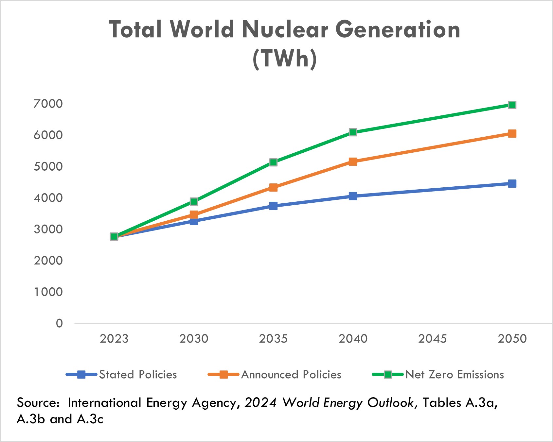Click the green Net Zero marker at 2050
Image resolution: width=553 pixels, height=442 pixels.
coord(512,105)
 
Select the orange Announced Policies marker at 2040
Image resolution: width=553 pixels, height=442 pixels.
coord(353,162)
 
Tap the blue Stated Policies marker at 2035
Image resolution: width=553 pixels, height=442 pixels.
coord(273,206)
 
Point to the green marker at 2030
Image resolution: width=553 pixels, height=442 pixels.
coord(194,201)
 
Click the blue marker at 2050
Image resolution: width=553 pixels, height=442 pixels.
coord(512,184)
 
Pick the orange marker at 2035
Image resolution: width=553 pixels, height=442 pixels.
coord(273,187)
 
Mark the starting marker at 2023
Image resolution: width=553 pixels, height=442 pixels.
coord(114,236)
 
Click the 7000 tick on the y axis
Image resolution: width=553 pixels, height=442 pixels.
coord(48,104)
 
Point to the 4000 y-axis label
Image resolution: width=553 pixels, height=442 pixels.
coord(48,198)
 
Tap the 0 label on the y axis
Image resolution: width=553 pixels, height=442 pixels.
coord(59,323)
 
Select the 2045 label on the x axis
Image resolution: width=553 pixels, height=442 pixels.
coord(432,339)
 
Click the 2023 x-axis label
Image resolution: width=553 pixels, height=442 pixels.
coord(114,339)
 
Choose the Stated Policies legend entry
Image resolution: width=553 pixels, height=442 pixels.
coord(138,375)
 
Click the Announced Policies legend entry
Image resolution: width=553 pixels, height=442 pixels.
coord(291,375)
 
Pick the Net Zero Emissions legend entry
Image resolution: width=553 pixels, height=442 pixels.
coord(454,375)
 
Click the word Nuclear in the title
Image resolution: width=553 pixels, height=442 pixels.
coord(284,29)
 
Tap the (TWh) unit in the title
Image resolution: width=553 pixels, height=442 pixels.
coord(284,59)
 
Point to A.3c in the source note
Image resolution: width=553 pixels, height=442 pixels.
coord(90,419)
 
